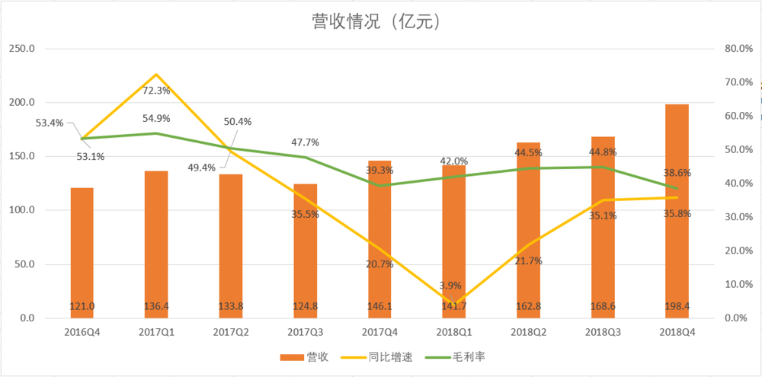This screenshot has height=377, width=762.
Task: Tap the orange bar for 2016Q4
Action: tap(82, 251)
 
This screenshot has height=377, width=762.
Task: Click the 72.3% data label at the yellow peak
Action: tap(156, 91)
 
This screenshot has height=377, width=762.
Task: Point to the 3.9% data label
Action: tap(452, 286)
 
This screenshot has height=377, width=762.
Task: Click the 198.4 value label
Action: tap(676, 306)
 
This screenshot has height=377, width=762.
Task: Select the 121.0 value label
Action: tap(82, 306)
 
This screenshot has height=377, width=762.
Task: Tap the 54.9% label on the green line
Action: tap(156, 119)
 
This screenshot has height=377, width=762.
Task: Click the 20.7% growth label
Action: tap(379, 264)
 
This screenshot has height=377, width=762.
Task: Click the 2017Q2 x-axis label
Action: tap(230, 332)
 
